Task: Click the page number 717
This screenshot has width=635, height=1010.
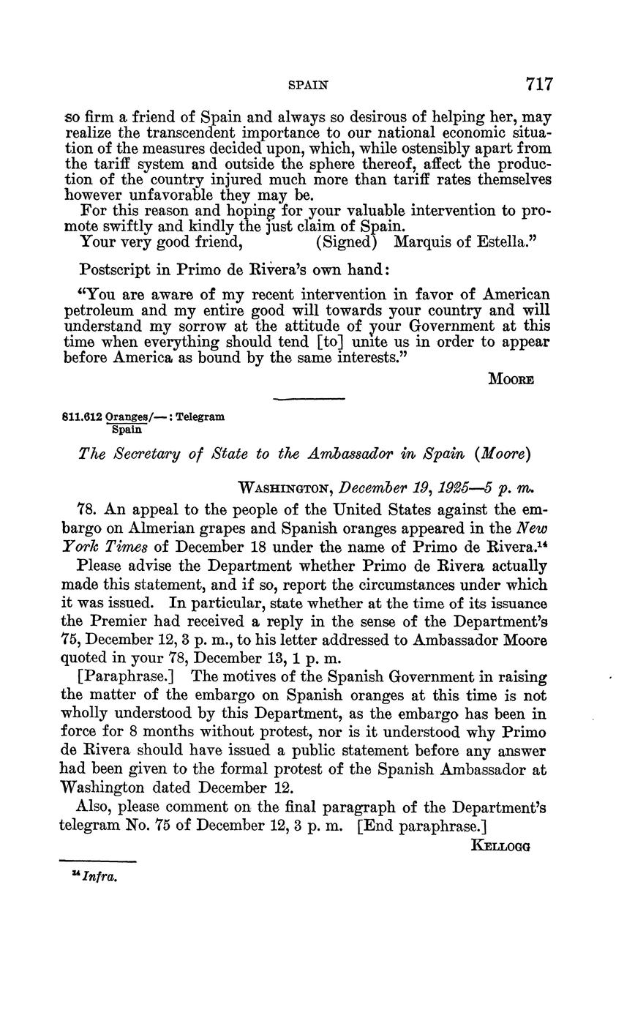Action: [538, 84]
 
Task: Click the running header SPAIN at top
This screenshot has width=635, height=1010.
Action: [307, 85]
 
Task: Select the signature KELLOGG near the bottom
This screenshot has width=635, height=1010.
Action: [501, 846]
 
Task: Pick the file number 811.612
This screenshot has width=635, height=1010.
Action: [81, 416]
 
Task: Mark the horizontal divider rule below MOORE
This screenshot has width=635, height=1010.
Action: [308, 398]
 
